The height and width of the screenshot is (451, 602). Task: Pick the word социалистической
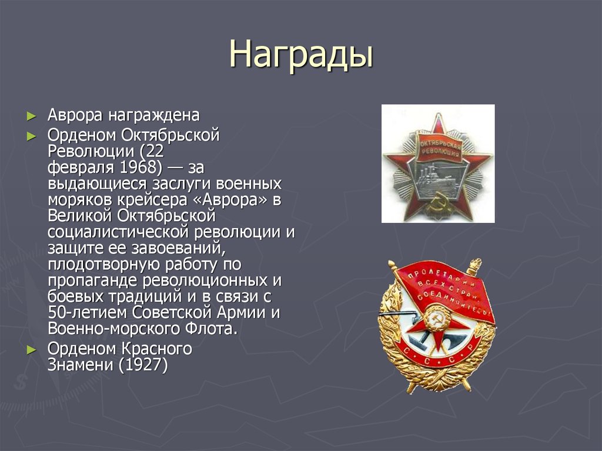point(117,231)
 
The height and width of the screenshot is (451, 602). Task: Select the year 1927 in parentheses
point(143,365)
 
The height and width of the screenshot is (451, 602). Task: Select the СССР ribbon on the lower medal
point(438,358)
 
